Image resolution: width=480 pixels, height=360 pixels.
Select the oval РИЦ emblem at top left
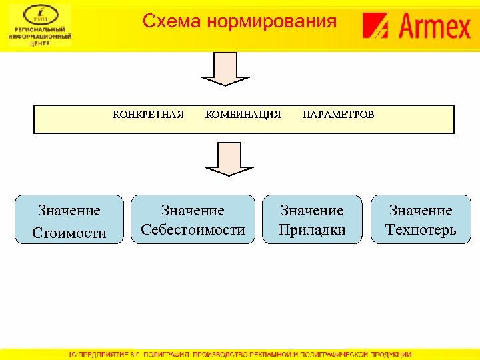click(x=40, y=14)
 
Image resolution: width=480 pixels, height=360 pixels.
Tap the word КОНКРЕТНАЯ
click(x=148, y=115)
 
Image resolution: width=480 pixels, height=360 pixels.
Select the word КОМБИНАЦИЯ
click(x=243, y=115)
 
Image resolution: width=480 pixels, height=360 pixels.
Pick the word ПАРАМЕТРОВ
click(x=339, y=115)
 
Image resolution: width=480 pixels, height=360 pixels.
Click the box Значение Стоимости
click(x=69, y=219)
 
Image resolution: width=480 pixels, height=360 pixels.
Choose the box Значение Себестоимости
click(x=193, y=219)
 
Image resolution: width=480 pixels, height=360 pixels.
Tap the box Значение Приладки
click(x=312, y=219)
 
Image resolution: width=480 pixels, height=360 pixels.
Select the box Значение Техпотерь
click(x=421, y=219)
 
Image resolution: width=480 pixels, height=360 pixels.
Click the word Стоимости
click(x=69, y=233)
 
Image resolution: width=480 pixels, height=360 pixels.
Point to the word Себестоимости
click(x=193, y=230)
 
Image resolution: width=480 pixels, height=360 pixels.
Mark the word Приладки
click(x=312, y=230)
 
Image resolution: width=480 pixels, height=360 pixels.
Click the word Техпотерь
click(x=421, y=230)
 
